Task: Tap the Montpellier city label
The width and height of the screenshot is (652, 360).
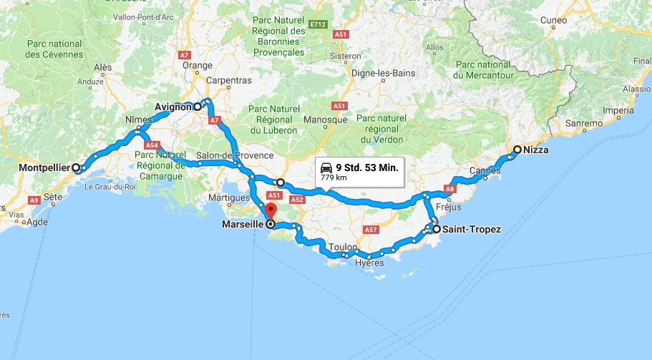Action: coord(44,167)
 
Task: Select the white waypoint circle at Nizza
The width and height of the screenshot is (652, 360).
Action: coord(517,150)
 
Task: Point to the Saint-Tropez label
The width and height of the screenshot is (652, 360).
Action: coord(472,230)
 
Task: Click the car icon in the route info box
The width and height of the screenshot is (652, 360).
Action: coord(326,167)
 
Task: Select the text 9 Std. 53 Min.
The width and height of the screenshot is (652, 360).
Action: coord(366,167)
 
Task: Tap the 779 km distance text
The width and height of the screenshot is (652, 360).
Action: coord(333,177)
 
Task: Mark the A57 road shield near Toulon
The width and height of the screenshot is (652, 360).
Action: coord(371,230)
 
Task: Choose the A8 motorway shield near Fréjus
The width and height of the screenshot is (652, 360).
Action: coord(449,189)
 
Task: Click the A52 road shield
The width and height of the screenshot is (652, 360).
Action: coord(298,200)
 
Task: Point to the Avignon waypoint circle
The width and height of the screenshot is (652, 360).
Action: coord(197,107)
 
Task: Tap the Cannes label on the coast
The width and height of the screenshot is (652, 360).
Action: coord(485,170)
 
